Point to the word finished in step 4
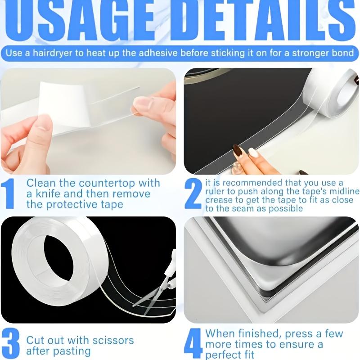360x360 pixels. (256, 334)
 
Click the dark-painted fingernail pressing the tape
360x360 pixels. (238, 151)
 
